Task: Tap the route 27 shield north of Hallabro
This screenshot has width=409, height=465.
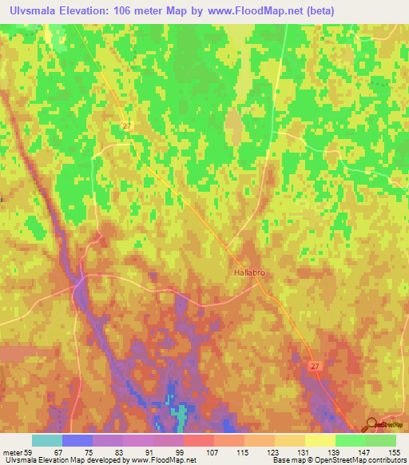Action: (127, 126)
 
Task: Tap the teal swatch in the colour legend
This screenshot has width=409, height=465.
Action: (46, 440)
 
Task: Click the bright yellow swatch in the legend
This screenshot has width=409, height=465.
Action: (320, 440)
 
